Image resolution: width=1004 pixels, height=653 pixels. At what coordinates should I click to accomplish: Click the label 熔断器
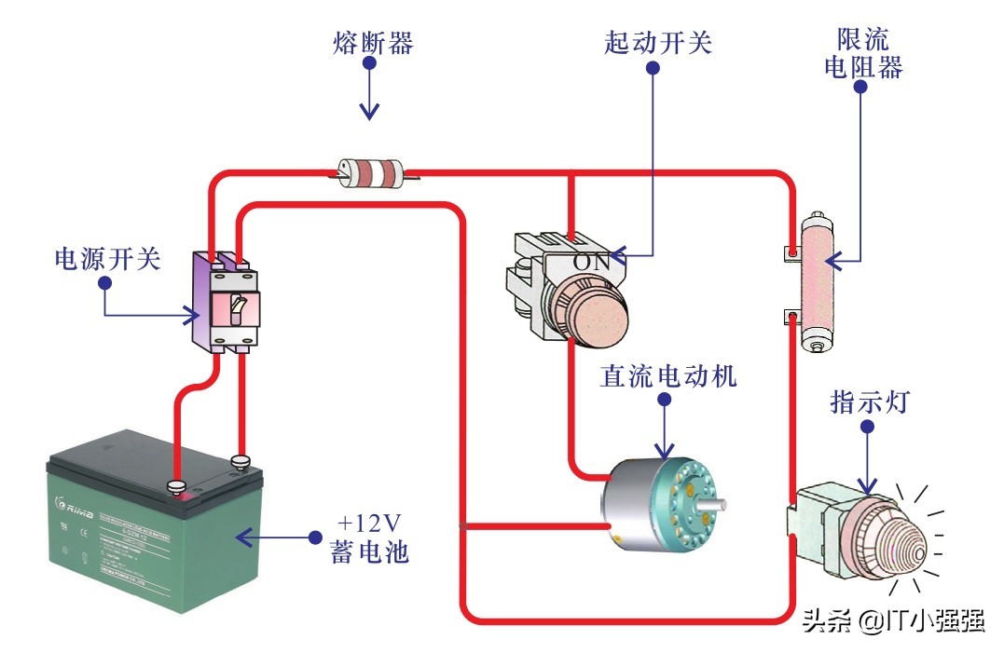(x=372, y=43)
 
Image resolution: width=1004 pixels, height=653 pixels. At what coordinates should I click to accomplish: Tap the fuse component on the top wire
(x=370, y=172)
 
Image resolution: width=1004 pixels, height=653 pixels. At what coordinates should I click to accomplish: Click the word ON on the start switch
(x=591, y=262)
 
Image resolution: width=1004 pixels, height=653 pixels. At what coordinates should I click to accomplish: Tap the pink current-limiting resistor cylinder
(x=816, y=283)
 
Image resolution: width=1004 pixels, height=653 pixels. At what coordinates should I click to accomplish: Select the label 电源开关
(x=107, y=259)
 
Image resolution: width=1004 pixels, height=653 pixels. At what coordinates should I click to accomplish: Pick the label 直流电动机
(x=668, y=376)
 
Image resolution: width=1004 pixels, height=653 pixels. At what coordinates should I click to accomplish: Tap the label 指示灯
(x=868, y=403)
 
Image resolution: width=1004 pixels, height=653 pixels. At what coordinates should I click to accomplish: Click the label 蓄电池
(x=369, y=552)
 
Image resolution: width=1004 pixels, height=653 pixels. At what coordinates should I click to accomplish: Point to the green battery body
(x=149, y=550)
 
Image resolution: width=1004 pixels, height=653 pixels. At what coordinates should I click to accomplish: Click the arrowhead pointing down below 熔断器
(x=370, y=113)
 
